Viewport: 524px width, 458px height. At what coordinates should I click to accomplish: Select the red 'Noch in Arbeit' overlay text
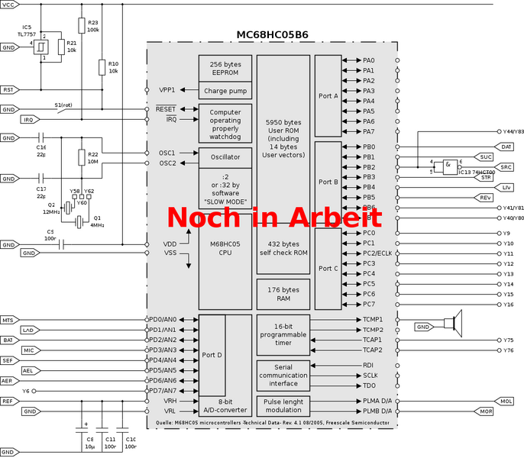click(x=274, y=216)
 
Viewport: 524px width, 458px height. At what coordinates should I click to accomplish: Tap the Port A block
click(x=328, y=95)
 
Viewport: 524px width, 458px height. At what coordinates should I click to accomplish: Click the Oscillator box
click(x=225, y=157)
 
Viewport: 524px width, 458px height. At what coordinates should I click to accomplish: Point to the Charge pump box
click(x=225, y=91)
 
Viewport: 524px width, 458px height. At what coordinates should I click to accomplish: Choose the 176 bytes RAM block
click(x=283, y=295)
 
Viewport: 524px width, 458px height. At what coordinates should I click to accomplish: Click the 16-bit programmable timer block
click(x=283, y=335)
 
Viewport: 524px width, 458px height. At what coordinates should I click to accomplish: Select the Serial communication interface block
click(x=283, y=375)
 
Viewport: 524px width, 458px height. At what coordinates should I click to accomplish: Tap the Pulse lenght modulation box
click(x=283, y=405)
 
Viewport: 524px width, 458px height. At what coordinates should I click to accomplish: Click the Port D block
click(x=211, y=355)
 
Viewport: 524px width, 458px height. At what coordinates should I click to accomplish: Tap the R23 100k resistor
click(x=81, y=28)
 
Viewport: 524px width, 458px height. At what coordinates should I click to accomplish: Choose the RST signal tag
click(x=8, y=89)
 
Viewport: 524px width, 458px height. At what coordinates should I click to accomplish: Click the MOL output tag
click(x=506, y=401)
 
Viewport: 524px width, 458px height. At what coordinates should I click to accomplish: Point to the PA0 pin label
click(x=369, y=60)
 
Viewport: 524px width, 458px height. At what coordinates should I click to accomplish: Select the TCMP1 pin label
click(x=372, y=319)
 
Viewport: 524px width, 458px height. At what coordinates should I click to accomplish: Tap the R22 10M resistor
click(x=81, y=157)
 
